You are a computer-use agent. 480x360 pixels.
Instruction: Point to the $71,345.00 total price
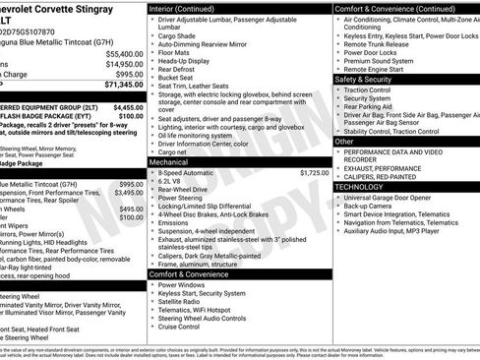tap(119, 86)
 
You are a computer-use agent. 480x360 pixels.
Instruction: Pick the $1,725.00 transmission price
tap(313, 172)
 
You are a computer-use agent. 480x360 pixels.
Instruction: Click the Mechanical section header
tap(170, 162)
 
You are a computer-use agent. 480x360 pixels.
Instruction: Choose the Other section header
tap(344, 141)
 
